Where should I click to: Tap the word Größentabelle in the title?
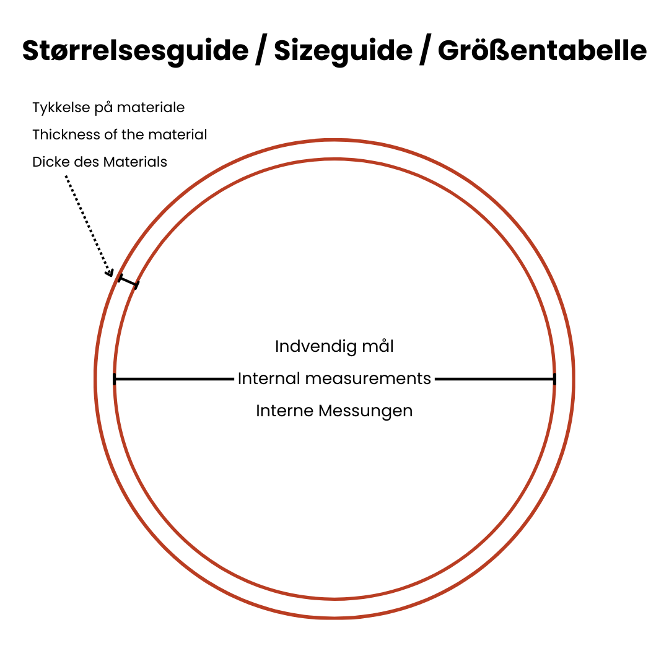(542, 50)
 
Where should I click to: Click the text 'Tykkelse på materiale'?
(108, 108)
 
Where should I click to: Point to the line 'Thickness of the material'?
(120, 134)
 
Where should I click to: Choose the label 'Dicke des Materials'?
(99, 162)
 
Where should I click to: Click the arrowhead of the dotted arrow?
(110, 273)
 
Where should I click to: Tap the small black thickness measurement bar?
(128, 282)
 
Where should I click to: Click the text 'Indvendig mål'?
(334, 346)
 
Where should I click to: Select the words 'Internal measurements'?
(334, 378)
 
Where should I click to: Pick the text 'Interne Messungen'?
(334, 411)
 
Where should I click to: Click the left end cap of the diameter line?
(115, 379)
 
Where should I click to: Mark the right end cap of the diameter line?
(554, 379)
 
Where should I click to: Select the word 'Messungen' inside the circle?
(365, 411)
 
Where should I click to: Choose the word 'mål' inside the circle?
(378, 346)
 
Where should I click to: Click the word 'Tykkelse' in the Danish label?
(61, 108)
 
